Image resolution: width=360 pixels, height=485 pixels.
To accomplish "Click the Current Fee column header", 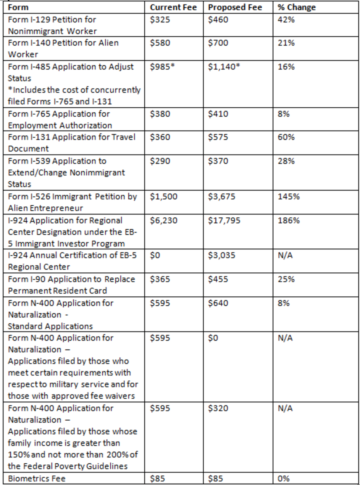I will pos(173,7).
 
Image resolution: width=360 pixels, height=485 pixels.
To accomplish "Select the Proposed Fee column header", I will pos(235,7).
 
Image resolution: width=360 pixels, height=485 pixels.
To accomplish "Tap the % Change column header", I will pos(291,7).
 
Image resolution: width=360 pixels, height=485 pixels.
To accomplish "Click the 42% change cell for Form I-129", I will pos(286,19).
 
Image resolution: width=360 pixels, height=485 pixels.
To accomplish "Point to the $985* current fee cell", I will pos(162,67).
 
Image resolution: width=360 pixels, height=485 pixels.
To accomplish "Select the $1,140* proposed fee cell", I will pos(224,67).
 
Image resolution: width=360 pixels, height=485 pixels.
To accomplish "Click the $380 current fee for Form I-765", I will pos(160,114).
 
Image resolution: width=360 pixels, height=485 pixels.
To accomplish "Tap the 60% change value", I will pos(286,138).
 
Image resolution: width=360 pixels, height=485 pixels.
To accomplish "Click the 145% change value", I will pos(288,197).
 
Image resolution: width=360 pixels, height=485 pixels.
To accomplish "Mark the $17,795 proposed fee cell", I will pos(224,220).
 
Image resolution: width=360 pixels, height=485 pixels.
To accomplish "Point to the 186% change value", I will pos(288,220).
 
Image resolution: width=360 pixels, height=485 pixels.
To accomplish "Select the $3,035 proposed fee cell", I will pos(221,256).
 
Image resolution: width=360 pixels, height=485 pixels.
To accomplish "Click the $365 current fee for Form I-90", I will pos(160,279).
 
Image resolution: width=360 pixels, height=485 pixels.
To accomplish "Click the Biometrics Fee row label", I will pos(34,479).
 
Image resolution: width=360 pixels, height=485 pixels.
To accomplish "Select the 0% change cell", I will pos(284,479).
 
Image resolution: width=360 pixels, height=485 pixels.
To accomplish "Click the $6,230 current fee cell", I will pos(164,220).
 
